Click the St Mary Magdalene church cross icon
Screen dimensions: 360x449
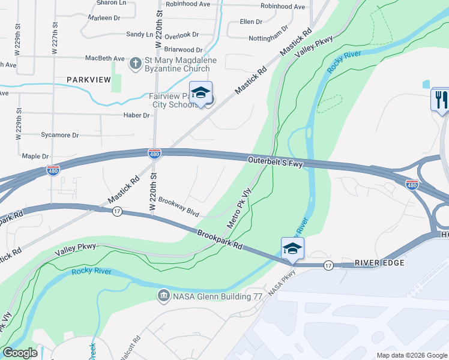tap(136, 62)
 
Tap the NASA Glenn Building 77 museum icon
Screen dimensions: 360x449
tap(163, 296)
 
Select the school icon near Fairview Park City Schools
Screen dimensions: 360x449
tap(202, 93)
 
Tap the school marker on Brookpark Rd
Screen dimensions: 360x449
tap(292, 248)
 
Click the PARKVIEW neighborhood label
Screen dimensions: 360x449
tap(89, 79)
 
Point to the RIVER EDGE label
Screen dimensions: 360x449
tap(379, 263)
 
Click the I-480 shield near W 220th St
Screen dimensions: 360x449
tap(154, 154)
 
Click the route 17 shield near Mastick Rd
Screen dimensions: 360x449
tap(116, 211)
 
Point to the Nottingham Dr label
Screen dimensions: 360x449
tap(268, 37)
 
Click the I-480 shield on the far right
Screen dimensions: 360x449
tap(412, 184)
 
